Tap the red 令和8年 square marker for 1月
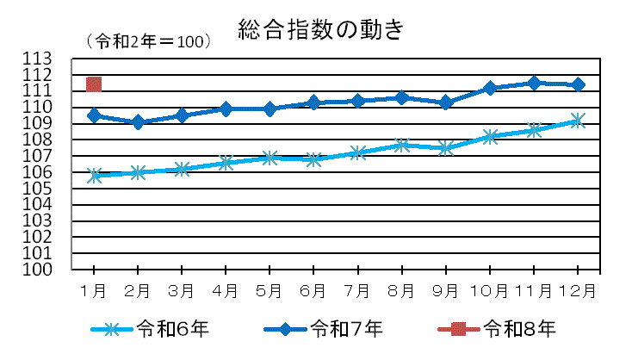pos(94,84)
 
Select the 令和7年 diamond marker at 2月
pos(138,122)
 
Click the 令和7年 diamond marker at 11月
pos(535,83)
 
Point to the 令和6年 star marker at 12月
pos(578,121)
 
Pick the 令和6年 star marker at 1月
pos(94,176)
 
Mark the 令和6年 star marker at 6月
pos(314,159)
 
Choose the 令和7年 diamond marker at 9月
pos(446,102)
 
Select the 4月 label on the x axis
pos(226,290)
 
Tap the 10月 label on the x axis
pos(489,290)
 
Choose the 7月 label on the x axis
pos(358,290)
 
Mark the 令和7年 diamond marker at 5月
pos(270,109)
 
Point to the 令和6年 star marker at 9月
pos(446,148)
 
